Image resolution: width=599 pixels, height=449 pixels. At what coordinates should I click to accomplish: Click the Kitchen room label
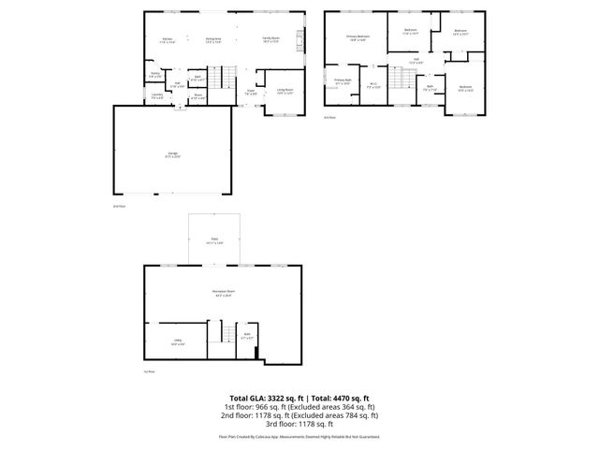[x=166, y=40]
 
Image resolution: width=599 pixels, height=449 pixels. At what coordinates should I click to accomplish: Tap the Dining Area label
[x=212, y=40]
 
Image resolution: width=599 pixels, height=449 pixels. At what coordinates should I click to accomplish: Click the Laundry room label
[x=157, y=95]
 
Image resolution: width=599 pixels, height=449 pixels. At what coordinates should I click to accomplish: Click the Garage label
[x=173, y=156]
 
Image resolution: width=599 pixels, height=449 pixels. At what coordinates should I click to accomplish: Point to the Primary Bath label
[x=343, y=82]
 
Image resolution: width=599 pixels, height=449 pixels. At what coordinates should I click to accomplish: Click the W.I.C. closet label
[x=373, y=84]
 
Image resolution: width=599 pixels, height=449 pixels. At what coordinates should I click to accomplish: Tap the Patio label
[x=214, y=242]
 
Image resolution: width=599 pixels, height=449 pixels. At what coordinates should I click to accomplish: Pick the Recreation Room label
[x=223, y=293]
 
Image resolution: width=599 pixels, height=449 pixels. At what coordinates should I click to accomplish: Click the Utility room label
[x=177, y=342]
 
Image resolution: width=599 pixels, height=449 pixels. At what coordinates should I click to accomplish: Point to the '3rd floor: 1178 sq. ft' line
[x=299, y=423]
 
